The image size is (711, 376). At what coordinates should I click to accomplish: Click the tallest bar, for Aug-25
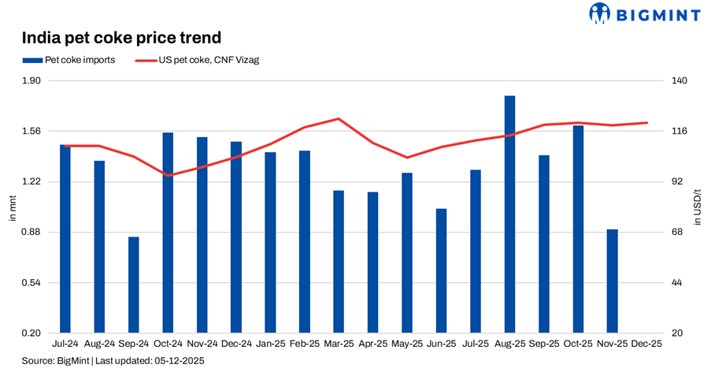pyautogui.click(x=509, y=214)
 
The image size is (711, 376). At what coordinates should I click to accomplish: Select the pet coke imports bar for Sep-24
pyautogui.click(x=134, y=285)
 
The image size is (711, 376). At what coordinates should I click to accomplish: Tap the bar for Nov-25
pyautogui.click(x=612, y=281)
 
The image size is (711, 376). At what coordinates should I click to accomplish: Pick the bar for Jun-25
pyautogui.click(x=441, y=270)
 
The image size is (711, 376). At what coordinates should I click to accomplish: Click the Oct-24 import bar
pyautogui.click(x=168, y=233)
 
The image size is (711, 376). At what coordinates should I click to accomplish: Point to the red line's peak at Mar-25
pyautogui.click(x=338, y=119)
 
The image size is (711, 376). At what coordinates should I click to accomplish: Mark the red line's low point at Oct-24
pyautogui.click(x=168, y=175)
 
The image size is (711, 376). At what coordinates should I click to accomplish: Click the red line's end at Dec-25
pyautogui.click(x=646, y=123)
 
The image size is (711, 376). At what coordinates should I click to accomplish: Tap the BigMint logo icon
pyautogui.click(x=601, y=13)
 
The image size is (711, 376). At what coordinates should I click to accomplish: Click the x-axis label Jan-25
pyautogui.click(x=270, y=344)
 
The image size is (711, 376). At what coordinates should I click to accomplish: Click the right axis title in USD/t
pyautogui.click(x=697, y=207)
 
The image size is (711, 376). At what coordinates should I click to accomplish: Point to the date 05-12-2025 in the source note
pyautogui.click(x=179, y=360)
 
